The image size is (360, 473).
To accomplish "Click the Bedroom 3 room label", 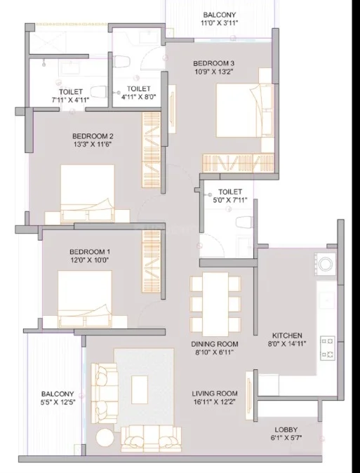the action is [213, 64].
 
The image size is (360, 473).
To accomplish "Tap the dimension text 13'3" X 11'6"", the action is [93, 144].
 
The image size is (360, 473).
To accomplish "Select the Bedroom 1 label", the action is [90, 252].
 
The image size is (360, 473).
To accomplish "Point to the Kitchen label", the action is [287, 335].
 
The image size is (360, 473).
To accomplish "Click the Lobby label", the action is [286, 429].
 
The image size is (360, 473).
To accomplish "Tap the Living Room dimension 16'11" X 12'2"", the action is [214, 402].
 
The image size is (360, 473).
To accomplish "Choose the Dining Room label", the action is [215, 344].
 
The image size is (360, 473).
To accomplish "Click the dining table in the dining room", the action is [215, 304].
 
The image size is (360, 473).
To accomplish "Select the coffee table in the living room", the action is [140, 389].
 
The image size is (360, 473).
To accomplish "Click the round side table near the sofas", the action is [105, 437].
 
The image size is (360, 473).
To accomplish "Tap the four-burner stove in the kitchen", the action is [328, 348].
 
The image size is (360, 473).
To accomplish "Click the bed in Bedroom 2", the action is [88, 193].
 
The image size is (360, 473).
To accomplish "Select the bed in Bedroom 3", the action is [245, 110].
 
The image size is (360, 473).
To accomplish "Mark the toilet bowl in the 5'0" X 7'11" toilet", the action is [244, 222].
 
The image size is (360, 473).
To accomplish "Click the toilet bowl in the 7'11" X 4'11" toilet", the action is [99, 92].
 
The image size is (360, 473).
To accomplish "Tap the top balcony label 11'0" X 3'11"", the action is [220, 22].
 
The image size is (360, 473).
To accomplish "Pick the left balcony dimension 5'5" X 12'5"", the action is [58, 402].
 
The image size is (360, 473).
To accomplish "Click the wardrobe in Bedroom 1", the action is [151, 261].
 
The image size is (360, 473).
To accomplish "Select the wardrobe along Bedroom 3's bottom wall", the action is [238, 164].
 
